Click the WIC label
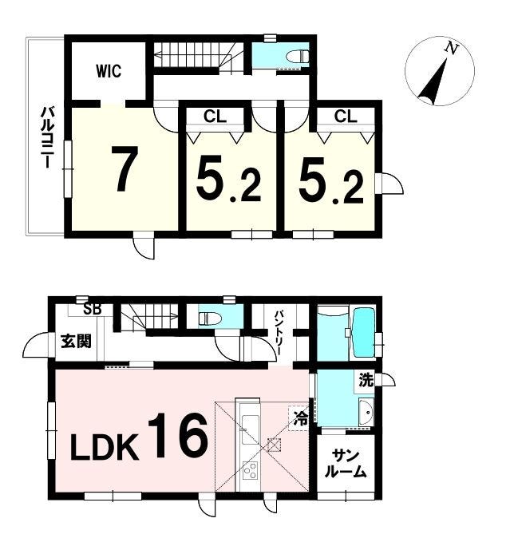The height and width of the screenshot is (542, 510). click(x=109, y=71)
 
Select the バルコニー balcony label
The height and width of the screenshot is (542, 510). click(x=47, y=137)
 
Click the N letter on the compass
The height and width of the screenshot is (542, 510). click(x=452, y=48)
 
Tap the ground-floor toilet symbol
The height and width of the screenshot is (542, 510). click(x=210, y=318)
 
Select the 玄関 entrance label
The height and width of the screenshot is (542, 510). click(x=76, y=341)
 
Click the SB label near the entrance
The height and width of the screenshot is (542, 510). click(x=93, y=310)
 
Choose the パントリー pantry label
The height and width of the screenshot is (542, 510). click(x=279, y=333)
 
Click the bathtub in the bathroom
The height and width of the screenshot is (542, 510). click(x=364, y=333)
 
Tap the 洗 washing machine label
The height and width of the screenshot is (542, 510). click(x=366, y=380)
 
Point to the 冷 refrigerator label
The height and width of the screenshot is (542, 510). click(x=301, y=418)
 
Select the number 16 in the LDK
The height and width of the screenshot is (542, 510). click(x=178, y=436)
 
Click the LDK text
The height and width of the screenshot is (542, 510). click(x=105, y=447)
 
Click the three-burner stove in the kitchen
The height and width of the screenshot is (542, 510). click(x=250, y=470)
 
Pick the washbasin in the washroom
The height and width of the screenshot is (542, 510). click(x=366, y=412)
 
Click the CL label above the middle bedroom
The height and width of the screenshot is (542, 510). click(x=215, y=117)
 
